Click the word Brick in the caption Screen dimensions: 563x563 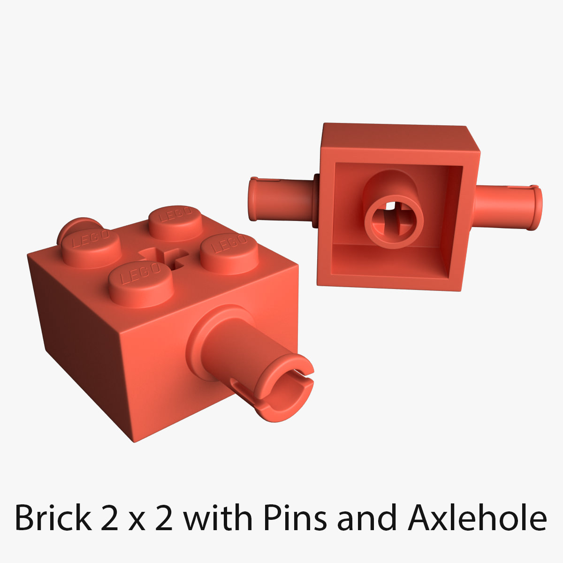pyautogui.click(x=53, y=517)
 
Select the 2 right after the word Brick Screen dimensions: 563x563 pyautogui.click(x=112, y=517)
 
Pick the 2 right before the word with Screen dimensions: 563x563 pyautogui.click(x=164, y=517)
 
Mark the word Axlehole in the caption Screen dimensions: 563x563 pyautogui.click(x=478, y=517)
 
